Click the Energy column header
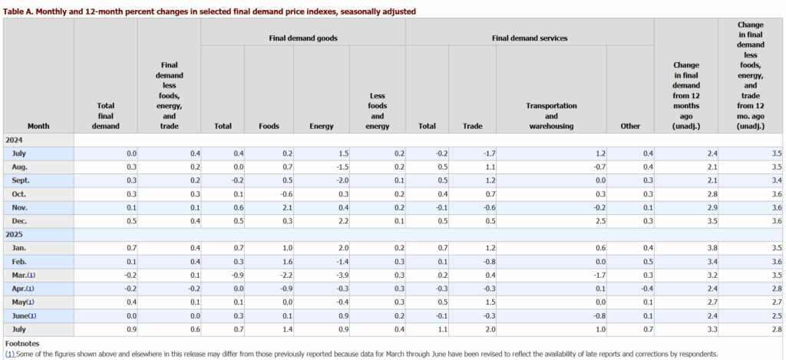click(321, 125)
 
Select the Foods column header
click(269, 125)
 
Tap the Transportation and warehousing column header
click(551, 115)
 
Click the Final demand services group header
click(529, 37)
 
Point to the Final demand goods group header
click(303, 37)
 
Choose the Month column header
click(38, 125)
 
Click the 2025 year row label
click(15, 235)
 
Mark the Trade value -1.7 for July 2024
click(483, 153)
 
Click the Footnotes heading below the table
click(24, 344)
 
